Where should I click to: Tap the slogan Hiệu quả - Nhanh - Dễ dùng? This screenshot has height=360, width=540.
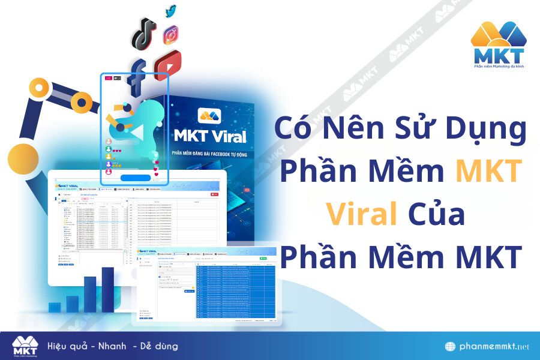(112, 346)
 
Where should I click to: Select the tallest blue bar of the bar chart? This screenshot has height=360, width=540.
(108, 289)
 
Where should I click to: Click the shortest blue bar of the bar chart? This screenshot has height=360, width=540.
(55, 307)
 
